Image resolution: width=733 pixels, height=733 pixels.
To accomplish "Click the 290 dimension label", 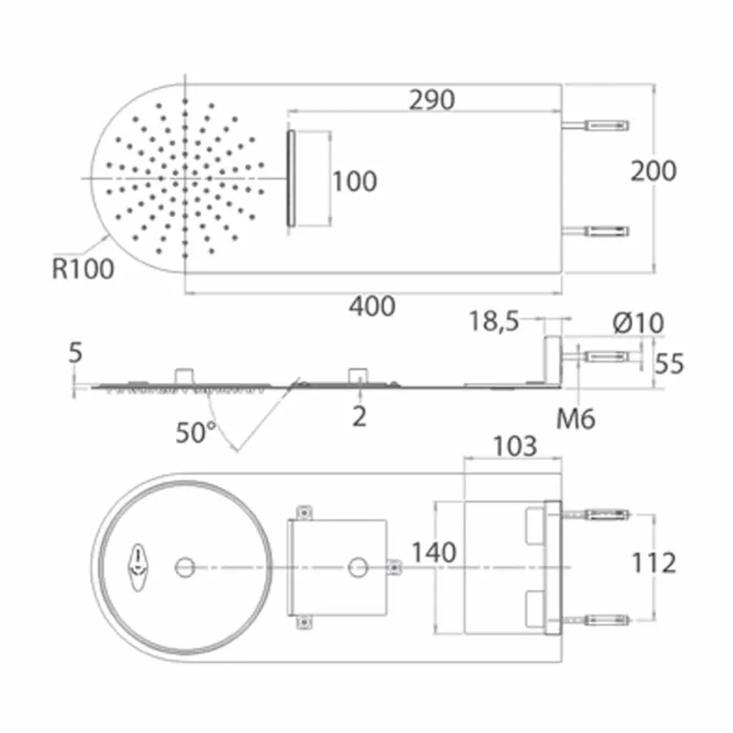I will (431, 100).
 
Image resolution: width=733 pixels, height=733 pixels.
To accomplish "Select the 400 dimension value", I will (372, 306).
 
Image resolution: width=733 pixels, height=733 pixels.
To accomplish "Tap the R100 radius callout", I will (83, 269).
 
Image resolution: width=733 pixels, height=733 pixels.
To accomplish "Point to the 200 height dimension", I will (653, 171).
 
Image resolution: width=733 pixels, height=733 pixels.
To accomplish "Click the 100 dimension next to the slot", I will (354, 181).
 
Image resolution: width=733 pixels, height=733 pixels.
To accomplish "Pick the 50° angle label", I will (196, 432).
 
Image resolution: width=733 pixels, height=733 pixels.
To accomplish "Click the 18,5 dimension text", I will (495, 320).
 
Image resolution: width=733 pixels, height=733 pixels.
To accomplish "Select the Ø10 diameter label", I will (639, 323).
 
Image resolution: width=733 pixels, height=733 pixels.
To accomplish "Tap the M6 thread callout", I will (576, 419).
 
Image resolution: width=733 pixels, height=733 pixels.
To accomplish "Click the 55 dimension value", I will (668, 363).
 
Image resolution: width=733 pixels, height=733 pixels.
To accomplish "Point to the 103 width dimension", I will (515, 445).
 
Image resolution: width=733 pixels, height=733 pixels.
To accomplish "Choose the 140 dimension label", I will (433, 552).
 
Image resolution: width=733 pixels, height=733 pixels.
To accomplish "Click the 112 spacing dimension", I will (654, 562).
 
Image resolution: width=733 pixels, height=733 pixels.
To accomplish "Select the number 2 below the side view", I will (360, 417).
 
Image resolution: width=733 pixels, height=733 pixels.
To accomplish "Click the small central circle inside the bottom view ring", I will (184, 567).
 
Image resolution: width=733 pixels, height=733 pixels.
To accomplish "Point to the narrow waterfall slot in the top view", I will (291, 178).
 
